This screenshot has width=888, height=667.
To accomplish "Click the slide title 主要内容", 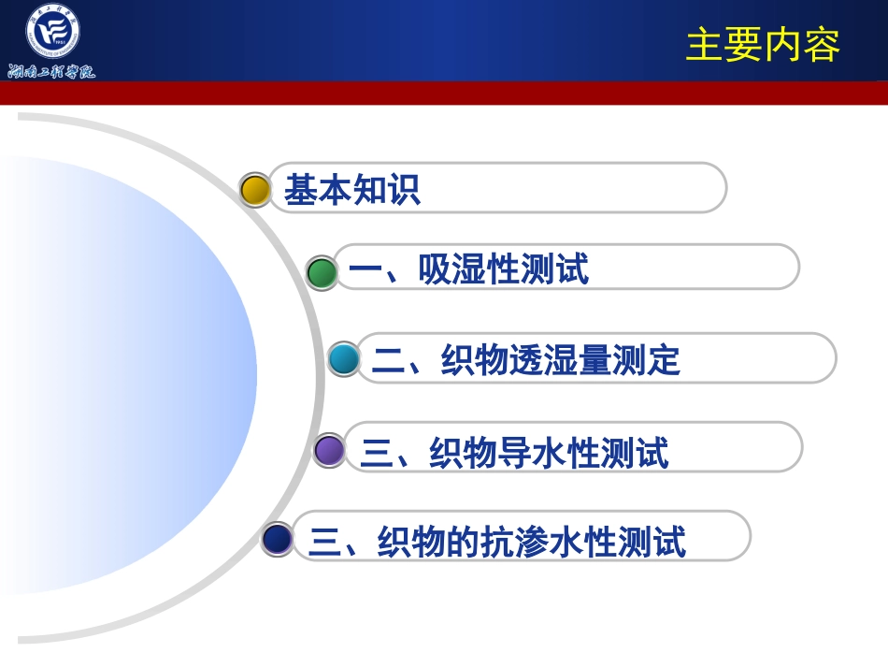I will (x=763, y=45).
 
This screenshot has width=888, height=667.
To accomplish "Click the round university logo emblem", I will (x=52, y=32).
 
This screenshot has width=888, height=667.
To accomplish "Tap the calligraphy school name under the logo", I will (x=52, y=71).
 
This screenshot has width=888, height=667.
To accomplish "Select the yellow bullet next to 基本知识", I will (x=255, y=189).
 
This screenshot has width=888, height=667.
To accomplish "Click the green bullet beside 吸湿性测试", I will (x=322, y=272).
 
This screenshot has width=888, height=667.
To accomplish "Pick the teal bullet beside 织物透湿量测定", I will (x=344, y=359).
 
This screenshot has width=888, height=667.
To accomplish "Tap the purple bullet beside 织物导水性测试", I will (x=329, y=450).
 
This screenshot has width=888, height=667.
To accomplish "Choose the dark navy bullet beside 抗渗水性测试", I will (x=278, y=539).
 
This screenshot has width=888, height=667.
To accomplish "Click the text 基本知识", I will (x=352, y=190).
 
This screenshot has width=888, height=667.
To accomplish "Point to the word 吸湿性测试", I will (x=504, y=270).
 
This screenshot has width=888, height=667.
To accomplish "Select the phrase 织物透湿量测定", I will (x=561, y=360).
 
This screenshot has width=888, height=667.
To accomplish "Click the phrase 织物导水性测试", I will (x=549, y=453).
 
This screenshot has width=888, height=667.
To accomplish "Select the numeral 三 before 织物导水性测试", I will (x=377, y=453).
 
